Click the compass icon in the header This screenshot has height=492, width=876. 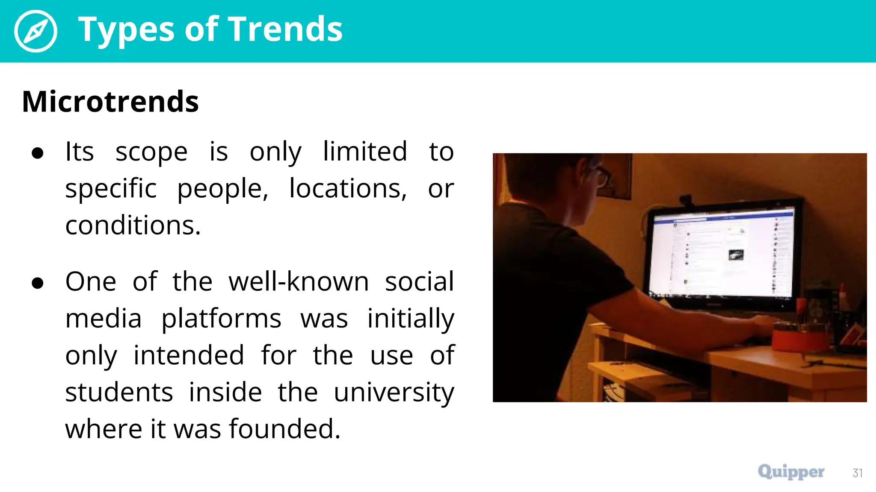pos(36,31)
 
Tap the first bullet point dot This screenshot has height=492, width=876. pos(38,153)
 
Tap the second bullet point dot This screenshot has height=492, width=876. pos(38,283)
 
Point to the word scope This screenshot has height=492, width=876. pos(151,152)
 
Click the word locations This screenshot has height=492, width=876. pos(348,189)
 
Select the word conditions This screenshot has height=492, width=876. pos(133,225)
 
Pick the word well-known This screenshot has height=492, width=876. pos(299,282)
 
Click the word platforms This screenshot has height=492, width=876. pos(221,319)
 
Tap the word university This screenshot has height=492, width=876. pos(394,392)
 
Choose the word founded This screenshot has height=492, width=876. pos(284,429)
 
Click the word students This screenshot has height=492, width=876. pos(119,392)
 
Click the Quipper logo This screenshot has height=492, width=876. pos(791,472)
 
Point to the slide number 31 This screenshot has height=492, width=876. pos(857,473)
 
